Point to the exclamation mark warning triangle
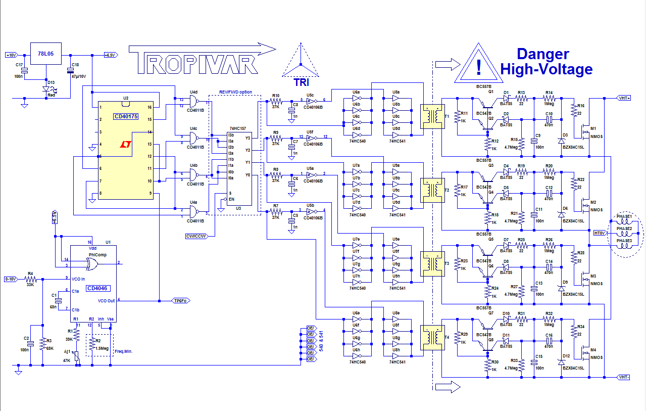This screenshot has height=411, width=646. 478,66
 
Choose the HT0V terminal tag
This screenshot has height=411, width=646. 600,233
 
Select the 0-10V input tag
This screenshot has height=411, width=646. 11,279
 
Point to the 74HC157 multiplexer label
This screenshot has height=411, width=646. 237,129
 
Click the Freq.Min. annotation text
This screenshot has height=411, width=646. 124,351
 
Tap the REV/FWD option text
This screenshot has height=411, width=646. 235,92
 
